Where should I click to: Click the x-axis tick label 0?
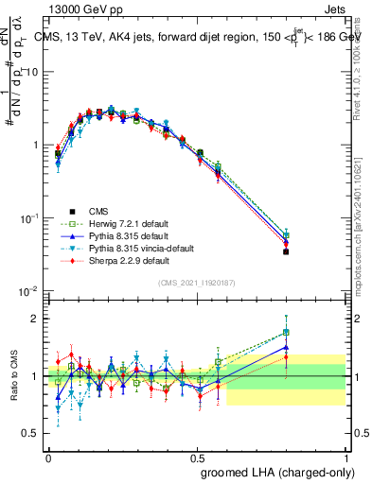coord(48,456)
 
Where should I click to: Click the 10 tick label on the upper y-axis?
coord(31,72)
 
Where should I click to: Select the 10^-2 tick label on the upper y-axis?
coord(28,291)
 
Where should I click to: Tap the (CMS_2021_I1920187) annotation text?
coord(196,281)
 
